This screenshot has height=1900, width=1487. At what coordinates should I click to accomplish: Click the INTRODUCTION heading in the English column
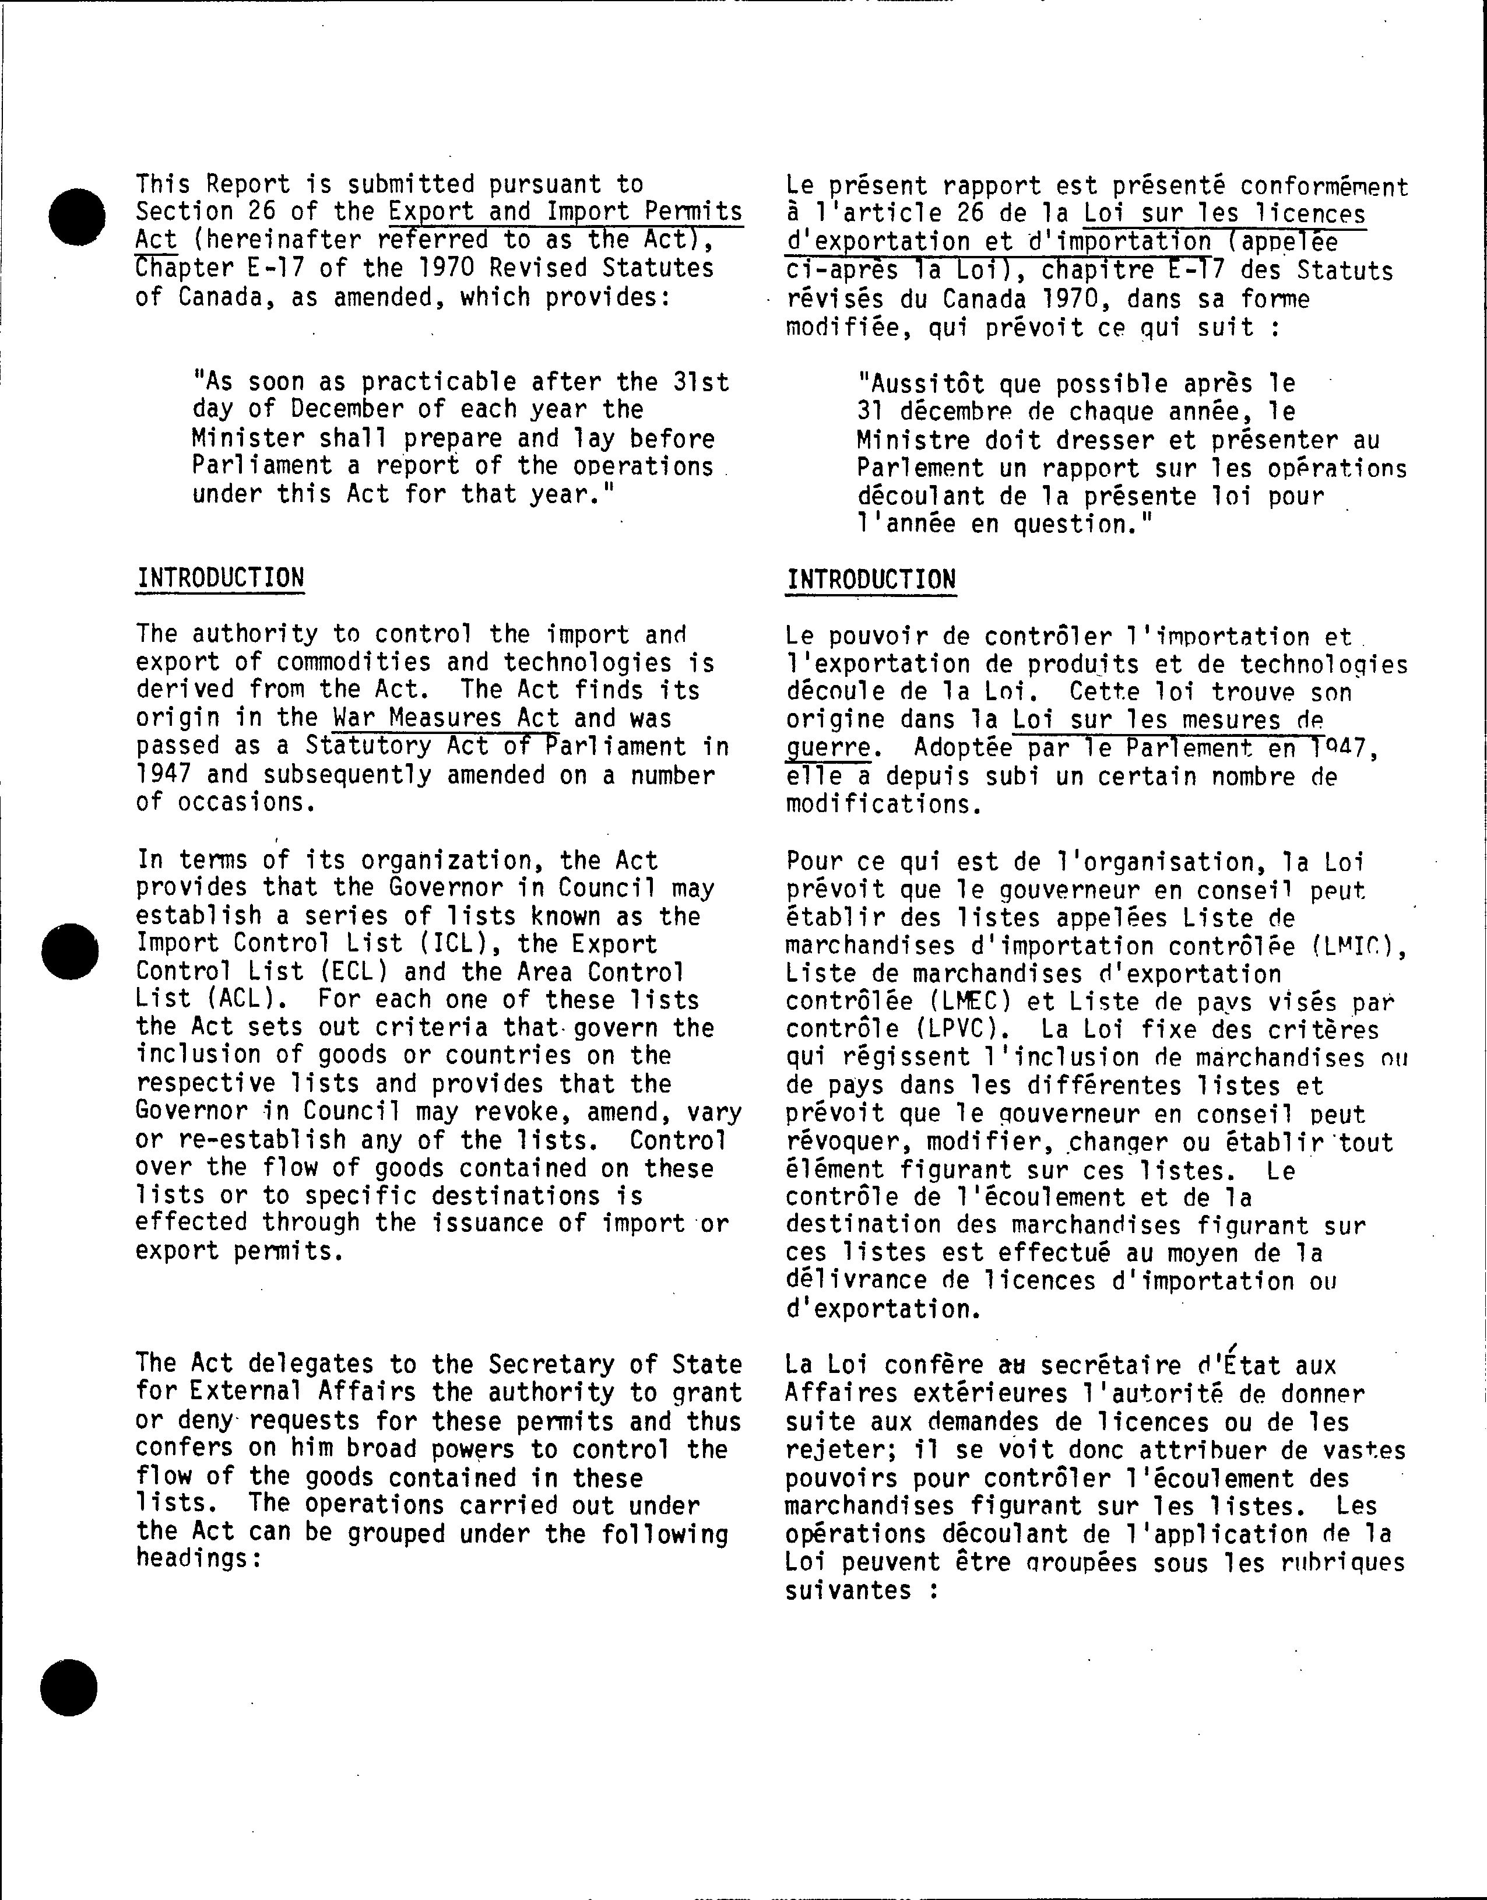point(220,578)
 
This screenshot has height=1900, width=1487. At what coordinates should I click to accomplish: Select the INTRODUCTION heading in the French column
point(871,580)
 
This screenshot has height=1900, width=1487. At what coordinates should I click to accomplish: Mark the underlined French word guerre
point(828,748)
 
